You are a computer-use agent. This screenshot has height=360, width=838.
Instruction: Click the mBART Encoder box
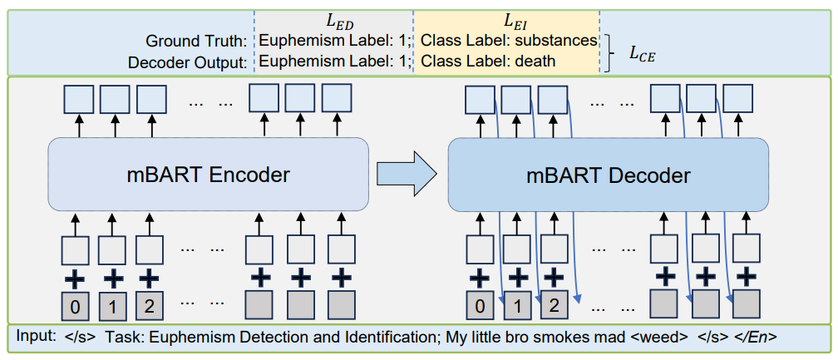(208, 175)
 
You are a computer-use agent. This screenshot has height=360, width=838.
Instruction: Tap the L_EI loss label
(506, 17)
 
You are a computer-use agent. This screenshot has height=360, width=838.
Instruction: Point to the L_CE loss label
(641, 54)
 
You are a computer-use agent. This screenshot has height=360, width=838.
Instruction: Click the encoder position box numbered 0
(76, 306)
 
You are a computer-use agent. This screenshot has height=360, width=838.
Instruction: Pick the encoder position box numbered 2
(149, 306)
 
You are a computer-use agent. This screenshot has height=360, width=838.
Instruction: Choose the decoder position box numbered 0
(479, 306)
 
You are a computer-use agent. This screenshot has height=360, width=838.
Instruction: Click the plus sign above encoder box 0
(76, 276)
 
